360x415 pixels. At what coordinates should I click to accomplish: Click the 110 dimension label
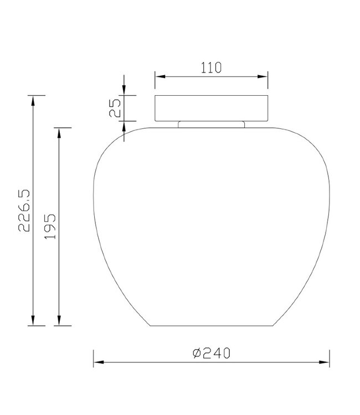pyautogui.click(x=211, y=68)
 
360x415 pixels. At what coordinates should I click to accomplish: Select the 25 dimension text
pyautogui.click(x=115, y=108)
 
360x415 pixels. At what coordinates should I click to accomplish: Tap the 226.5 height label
pyautogui.click(x=24, y=211)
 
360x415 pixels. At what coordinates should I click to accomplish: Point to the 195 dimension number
pyautogui.click(x=50, y=226)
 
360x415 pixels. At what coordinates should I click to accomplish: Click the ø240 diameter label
pyautogui.click(x=212, y=353)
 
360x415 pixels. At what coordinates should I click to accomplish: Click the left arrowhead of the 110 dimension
pyautogui.click(x=160, y=76)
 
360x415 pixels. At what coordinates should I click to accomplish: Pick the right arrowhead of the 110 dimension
pyautogui.click(x=263, y=76)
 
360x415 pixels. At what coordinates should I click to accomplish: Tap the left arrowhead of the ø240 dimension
pyautogui.click(x=99, y=362)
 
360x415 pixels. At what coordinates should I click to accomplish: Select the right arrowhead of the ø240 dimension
pyautogui.click(x=324, y=362)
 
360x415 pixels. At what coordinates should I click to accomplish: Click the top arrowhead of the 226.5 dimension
pyautogui.click(x=33, y=101)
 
